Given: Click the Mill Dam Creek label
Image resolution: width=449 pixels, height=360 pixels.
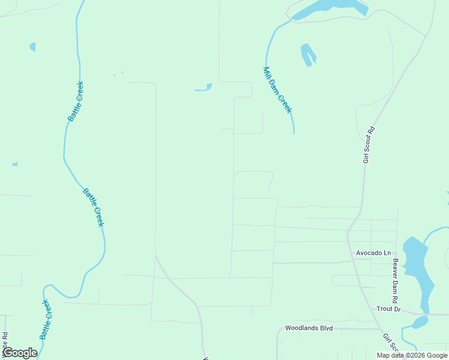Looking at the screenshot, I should pyautogui.click(x=277, y=89).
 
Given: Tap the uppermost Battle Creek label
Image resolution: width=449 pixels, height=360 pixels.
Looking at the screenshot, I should pyautogui.click(x=76, y=101).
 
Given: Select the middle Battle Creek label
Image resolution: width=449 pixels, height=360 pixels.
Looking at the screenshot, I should pyautogui.click(x=93, y=207).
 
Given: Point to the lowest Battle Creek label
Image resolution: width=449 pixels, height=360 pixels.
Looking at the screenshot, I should pyautogui.click(x=46, y=320).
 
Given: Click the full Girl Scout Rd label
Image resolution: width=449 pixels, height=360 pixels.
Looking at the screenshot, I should pyautogui.click(x=369, y=145).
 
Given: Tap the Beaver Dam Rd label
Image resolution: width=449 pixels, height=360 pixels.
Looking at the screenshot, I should pyautogui.click(x=395, y=281).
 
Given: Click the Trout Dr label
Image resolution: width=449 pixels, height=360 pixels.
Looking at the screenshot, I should pyautogui.click(x=388, y=309).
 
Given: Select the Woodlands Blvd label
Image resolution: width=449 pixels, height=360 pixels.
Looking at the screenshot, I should pyautogui.click(x=309, y=329).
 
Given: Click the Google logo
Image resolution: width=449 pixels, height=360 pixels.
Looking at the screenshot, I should pyautogui.click(x=19, y=353).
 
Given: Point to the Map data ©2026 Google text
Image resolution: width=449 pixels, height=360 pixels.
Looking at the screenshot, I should pyautogui.click(x=412, y=355).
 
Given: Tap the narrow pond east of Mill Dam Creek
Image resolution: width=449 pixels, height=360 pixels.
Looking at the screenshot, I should pyautogui.click(x=308, y=54).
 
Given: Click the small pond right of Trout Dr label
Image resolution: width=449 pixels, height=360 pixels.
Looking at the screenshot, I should pyautogui.click(x=420, y=322).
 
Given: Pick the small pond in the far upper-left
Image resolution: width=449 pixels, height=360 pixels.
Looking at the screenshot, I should pyautogui.click(x=32, y=47).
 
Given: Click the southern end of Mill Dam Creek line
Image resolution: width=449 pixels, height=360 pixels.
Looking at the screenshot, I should pyautogui.click(x=294, y=131).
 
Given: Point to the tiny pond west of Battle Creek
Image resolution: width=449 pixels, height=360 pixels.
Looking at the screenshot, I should pyautogui.click(x=14, y=164).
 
